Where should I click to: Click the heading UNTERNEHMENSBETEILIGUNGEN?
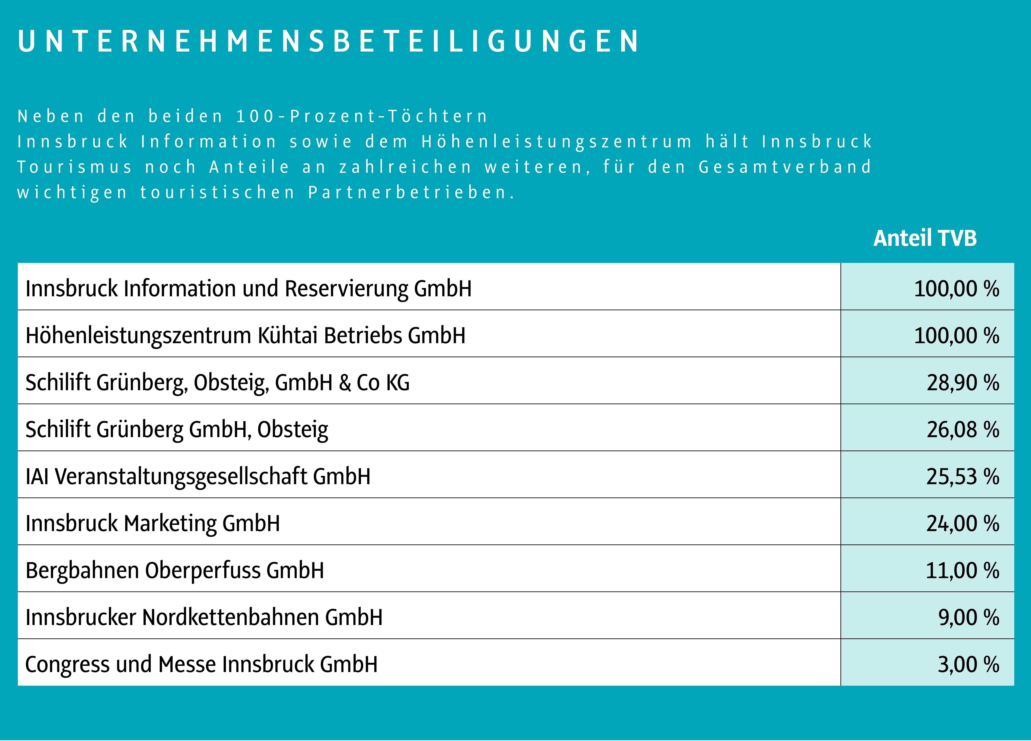click(328, 41)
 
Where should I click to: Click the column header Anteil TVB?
click(925, 238)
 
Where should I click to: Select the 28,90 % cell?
click(963, 382)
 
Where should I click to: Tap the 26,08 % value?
click(963, 429)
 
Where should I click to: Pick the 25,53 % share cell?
click(963, 476)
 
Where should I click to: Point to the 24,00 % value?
click(963, 523)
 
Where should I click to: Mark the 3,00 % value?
click(968, 664)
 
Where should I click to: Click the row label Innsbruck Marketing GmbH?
click(153, 523)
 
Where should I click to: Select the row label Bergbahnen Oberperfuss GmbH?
click(174, 570)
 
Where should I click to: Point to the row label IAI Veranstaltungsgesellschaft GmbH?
click(198, 476)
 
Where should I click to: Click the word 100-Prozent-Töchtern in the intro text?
click(361, 116)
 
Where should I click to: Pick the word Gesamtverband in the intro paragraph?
click(785, 167)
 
